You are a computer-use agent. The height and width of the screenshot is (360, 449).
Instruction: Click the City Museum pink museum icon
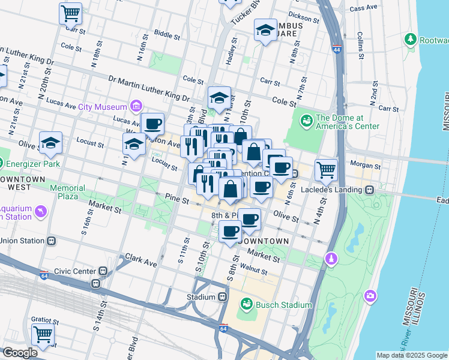pyautogui.click(x=136, y=107)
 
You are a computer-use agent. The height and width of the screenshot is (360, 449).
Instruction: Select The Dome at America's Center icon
pyautogui.click(x=307, y=121)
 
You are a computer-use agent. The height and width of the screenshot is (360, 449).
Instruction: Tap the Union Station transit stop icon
pyautogui.click(x=52, y=241)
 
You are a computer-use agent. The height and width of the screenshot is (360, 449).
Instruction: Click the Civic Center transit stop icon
pyautogui.click(x=104, y=271)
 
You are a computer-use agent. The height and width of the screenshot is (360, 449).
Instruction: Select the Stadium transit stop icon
pyautogui.click(x=222, y=297)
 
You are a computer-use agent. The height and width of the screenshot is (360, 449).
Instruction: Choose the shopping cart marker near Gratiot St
pyautogui.click(x=43, y=335)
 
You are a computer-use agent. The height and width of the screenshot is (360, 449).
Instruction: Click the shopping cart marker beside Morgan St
pyautogui.click(x=326, y=169)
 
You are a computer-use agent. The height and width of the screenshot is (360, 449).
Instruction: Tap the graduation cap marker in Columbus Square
pyautogui.click(x=265, y=30)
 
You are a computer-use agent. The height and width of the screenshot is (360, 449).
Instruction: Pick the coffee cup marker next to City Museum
pyautogui.click(x=152, y=124)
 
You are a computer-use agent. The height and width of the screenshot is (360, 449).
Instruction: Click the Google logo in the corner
pyautogui.click(x=20, y=353)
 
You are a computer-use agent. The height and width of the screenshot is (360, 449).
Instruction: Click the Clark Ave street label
pyautogui.click(x=141, y=263)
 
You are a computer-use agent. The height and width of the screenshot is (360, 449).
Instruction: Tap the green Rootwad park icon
pyautogui.click(x=411, y=40)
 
